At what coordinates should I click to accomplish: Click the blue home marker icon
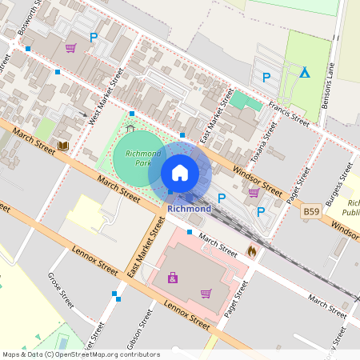[180, 172]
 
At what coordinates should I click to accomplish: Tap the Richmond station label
[190, 209]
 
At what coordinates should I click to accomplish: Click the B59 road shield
[311, 213]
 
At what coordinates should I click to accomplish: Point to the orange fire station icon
[252, 251]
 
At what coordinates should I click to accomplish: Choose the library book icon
[62, 146]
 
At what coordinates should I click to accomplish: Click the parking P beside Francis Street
[266, 77]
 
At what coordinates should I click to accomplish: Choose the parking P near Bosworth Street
[94, 37]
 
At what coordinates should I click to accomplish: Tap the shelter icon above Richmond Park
[130, 127]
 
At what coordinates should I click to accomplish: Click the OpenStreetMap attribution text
[81, 354]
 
